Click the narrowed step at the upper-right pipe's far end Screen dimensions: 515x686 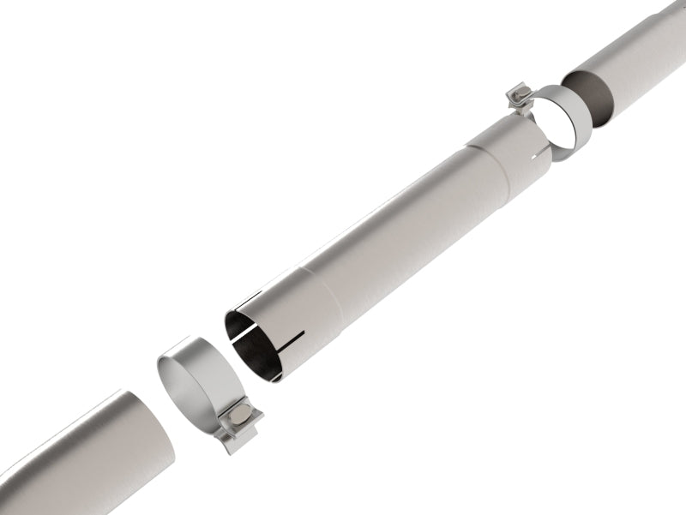(674, 10)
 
